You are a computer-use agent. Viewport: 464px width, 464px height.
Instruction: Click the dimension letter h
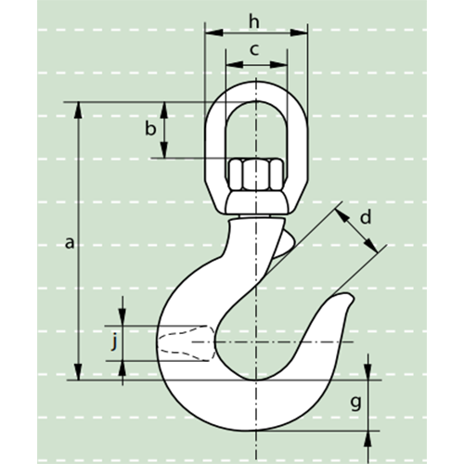point(254,22)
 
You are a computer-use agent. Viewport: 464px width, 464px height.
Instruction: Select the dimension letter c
point(254,50)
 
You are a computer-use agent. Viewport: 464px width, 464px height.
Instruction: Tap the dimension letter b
point(150,128)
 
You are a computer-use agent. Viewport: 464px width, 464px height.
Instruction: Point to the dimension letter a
point(70,243)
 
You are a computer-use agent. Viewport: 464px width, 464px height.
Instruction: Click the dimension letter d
point(366,217)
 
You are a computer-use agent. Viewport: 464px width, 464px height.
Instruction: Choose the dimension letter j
point(114,342)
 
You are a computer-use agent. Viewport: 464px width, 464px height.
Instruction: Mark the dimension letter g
point(356,404)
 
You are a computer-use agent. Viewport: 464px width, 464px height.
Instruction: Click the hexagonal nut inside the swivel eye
point(255,174)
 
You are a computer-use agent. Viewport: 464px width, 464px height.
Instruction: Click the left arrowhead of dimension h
point(214,32)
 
